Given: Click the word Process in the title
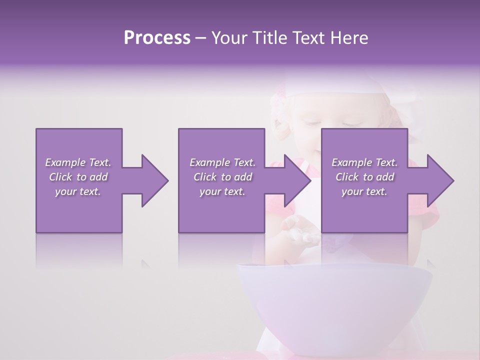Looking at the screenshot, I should [x=157, y=38].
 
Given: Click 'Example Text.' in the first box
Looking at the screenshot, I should [x=78, y=162].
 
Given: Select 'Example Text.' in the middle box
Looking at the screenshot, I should [x=222, y=162].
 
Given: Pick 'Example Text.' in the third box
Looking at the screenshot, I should [x=364, y=162].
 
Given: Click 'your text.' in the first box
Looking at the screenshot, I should [x=78, y=191].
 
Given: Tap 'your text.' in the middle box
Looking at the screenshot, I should [x=222, y=191].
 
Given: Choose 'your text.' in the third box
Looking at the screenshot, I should [x=364, y=191].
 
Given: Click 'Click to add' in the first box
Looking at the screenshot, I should [x=78, y=177].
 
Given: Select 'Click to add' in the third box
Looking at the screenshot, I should [x=364, y=177].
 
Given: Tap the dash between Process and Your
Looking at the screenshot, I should [x=201, y=38].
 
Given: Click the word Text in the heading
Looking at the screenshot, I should [x=304, y=38].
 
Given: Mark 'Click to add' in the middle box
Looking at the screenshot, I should [x=222, y=177].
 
